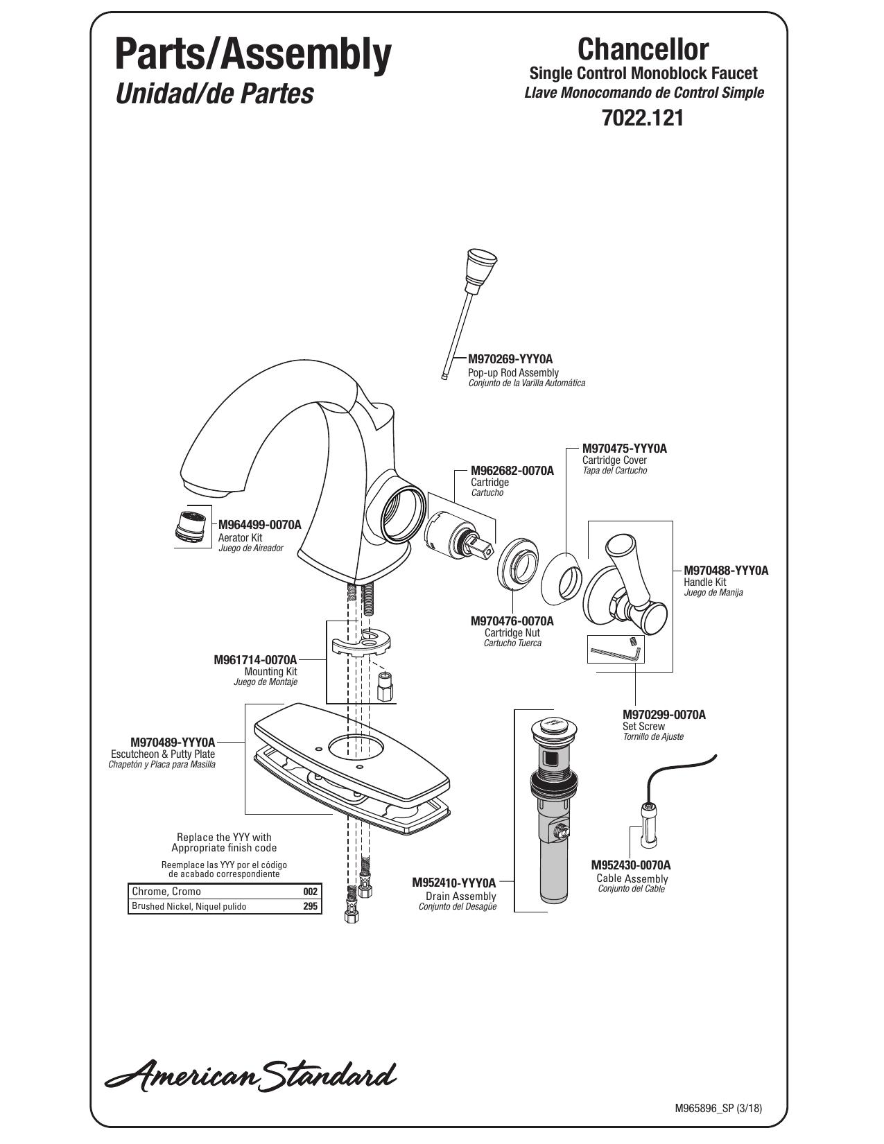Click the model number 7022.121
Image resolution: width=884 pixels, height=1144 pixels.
pyautogui.click(x=642, y=118)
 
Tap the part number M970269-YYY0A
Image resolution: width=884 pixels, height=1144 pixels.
pyautogui.click(x=511, y=359)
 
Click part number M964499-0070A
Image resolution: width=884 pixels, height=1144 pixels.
pyautogui.click(x=259, y=525)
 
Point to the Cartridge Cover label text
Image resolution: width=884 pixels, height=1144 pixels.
pyautogui.click(x=614, y=460)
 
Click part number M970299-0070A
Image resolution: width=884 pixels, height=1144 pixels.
pyautogui.click(x=664, y=714)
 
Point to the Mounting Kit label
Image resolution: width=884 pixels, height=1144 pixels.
pyautogui.click(x=270, y=672)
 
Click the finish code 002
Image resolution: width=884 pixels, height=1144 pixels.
pyautogui.click(x=311, y=892)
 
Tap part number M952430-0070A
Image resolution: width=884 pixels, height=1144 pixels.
pyautogui.click(x=631, y=865)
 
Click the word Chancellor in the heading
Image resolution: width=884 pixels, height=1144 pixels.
pyautogui.click(x=643, y=49)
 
